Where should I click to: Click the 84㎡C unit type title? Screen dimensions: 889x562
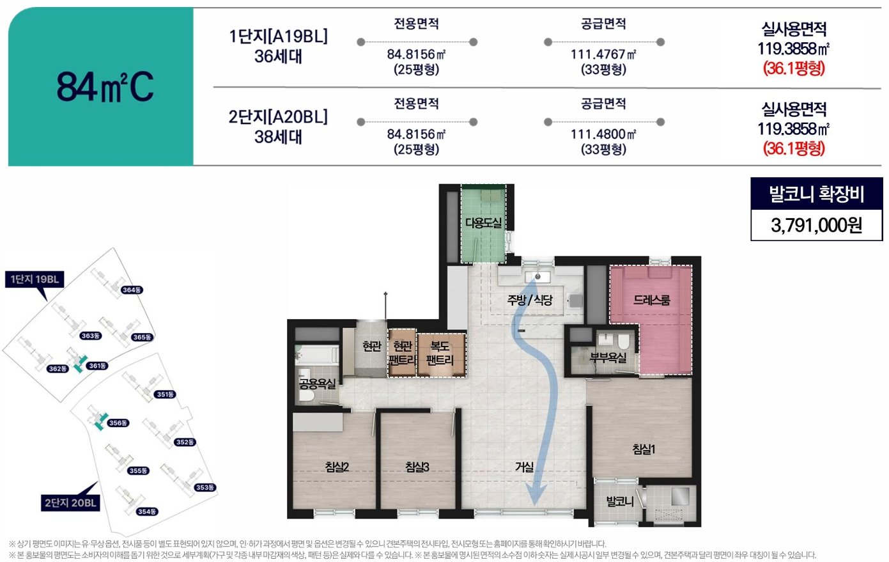coord(105,87)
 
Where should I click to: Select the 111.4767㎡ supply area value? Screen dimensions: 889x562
coord(603,54)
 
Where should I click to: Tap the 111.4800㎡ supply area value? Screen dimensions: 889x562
coord(603,134)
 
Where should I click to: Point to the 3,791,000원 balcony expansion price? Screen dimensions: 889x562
coord(816,225)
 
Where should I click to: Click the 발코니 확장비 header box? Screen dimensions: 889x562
coord(816,194)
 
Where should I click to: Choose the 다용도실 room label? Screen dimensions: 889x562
coord(483,222)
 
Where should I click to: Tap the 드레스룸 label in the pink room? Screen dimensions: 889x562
coord(652,299)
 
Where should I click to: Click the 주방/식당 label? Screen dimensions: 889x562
coord(530,299)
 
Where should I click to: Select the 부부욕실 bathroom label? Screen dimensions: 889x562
coord(608,357)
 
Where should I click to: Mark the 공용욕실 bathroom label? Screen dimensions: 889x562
coord(317,384)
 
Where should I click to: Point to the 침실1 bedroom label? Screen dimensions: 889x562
coord(644,449)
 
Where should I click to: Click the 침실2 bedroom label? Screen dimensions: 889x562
coord(337,467)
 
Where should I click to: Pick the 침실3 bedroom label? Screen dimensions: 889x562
coord(417,467)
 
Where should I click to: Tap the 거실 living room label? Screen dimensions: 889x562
coord(524,467)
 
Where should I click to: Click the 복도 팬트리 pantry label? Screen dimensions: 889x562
coord(440,353)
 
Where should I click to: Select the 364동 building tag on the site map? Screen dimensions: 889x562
coord(132,290)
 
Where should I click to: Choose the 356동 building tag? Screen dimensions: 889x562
coord(118,423)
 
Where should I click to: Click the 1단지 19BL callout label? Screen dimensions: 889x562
coord(35,279)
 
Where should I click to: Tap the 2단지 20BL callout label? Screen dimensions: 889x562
coord(70,503)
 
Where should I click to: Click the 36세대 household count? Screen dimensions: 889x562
coord(278,56)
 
